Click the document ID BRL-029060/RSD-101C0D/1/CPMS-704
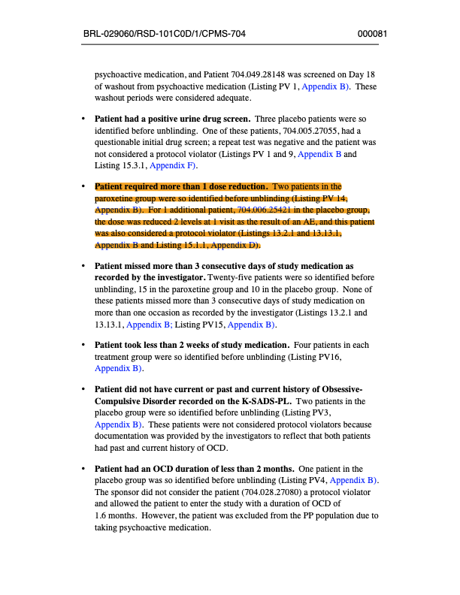(x=165, y=34)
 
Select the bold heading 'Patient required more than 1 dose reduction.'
(x=181, y=186)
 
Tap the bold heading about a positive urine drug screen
(x=172, y=119)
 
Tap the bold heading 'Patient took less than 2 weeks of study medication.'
(x=192, y=346)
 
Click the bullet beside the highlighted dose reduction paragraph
(x=83, y=186)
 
